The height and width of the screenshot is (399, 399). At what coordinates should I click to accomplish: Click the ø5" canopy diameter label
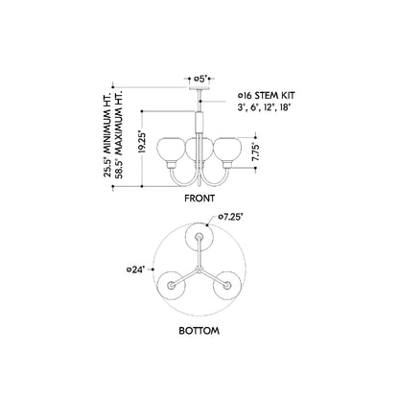pos(200,79)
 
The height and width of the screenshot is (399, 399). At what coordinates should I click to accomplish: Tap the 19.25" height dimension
pos(142,141)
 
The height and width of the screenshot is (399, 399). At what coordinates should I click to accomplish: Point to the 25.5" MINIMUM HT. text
pos(106,135)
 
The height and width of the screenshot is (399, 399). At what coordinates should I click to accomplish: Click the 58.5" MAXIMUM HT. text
pos(119,135)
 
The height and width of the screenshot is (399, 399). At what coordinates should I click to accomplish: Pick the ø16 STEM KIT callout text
pos(266,95)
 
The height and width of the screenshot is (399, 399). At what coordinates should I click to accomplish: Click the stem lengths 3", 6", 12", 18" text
pos(264,107)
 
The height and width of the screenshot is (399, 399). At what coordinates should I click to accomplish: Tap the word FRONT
pos(199,199)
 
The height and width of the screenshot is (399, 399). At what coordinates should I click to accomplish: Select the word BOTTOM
pos(199,331)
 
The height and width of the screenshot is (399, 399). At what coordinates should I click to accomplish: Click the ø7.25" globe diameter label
pos(230,217)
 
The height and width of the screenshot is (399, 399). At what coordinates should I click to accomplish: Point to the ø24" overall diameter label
pos(136,270)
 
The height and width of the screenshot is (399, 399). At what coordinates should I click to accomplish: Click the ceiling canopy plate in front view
pos(199,88)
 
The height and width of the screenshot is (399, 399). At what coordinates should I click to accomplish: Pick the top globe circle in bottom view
pos(199,237)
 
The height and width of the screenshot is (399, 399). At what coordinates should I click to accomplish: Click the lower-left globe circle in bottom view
pos(172,285)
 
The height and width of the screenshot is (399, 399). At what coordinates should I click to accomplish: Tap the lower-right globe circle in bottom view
pos(227,285)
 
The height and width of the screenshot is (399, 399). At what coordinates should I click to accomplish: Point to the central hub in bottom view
pos(199,270)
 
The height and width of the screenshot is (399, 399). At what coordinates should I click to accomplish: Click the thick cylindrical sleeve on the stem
pos(199,122)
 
